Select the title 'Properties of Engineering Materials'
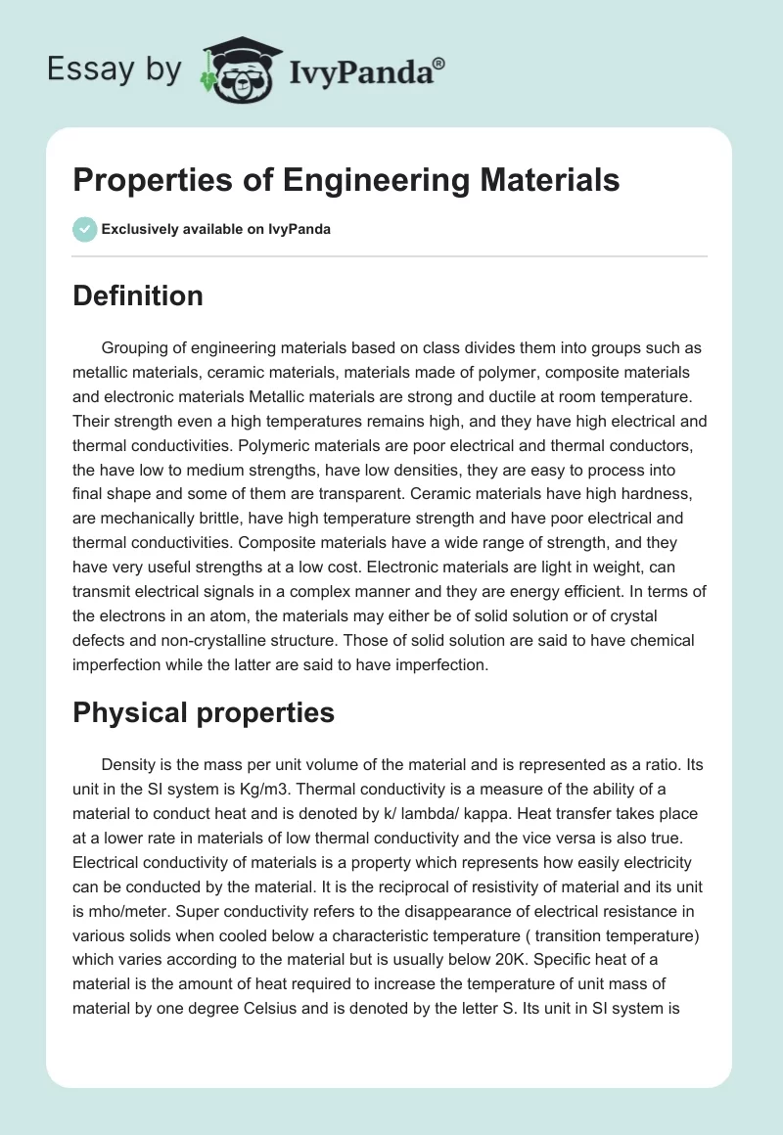coord(346,181)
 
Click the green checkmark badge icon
coord(84,229)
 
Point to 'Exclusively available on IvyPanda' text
coord(215,230)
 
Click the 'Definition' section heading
coord(138,295)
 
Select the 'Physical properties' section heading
coord(204,712)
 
